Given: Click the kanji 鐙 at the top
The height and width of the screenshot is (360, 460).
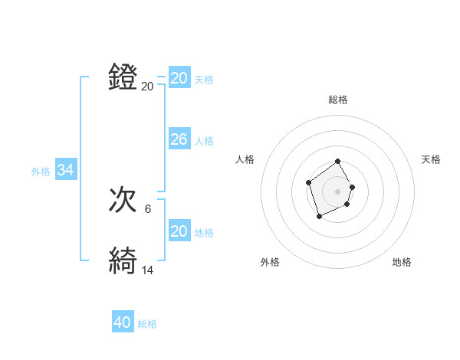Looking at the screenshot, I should point(123,78).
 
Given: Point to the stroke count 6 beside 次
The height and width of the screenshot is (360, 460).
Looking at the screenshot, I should point(148,208).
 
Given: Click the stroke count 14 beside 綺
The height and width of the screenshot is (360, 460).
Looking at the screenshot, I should point(148,270).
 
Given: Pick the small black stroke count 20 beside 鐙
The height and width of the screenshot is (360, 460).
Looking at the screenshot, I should point(148,87).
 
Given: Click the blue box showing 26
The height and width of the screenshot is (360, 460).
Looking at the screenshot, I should point(179,139).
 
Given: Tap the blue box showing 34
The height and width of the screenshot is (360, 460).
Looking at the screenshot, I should point(66,171).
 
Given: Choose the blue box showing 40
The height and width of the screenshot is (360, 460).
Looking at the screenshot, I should point(123,323).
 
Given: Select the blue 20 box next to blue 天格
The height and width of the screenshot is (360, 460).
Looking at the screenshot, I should point(179,78).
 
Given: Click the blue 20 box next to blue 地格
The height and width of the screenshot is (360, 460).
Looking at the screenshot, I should point(179,231).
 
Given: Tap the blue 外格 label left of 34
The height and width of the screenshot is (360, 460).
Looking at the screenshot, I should point(41,172).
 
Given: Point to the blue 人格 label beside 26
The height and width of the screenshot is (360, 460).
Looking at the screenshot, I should point(204,141).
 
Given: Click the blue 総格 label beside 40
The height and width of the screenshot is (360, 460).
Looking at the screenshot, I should point(147,324).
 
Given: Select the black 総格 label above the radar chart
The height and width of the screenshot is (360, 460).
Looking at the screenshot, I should point(338,100).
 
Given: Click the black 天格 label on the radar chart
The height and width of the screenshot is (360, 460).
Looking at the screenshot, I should point(431,159).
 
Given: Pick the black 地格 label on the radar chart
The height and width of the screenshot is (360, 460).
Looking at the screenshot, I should point(402,262).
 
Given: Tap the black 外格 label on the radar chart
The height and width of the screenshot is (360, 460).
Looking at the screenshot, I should point(270,262).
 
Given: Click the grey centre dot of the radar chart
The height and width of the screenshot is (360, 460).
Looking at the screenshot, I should point(338,191).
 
